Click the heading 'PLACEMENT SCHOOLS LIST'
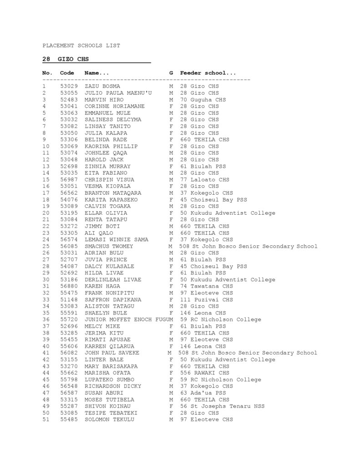pos(81,46)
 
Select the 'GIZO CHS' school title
pos(73,59)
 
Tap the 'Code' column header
pos(67,73)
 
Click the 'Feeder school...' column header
pos(208,73)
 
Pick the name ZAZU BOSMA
pos(102,86)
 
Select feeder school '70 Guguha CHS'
pos(203,100)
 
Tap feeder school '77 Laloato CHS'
pos(204,180)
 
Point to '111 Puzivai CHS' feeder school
pos(206,300)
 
